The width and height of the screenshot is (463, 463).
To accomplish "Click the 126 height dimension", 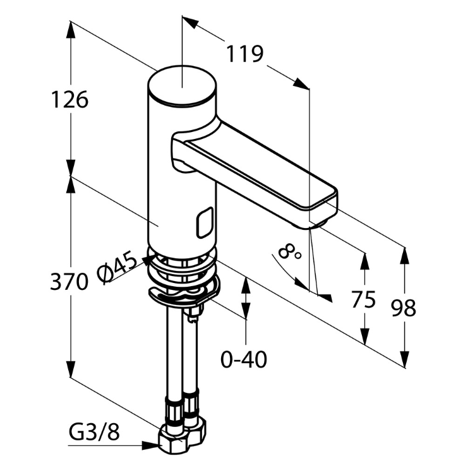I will pos(69,99).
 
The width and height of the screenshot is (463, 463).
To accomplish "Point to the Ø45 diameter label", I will pos(117,267).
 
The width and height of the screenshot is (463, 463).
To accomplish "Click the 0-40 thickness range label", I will pos(244,359).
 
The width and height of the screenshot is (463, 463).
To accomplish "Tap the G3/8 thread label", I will pos(93,433).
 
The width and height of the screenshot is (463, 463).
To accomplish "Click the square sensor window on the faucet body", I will pos(204,223).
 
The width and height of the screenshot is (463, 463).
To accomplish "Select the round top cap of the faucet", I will pos(182,86).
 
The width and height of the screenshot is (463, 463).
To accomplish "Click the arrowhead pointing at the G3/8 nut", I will pos(152,445).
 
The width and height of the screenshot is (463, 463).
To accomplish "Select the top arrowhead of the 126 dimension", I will pos(70,28).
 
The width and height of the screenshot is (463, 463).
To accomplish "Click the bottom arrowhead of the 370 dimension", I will pos(70,372).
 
